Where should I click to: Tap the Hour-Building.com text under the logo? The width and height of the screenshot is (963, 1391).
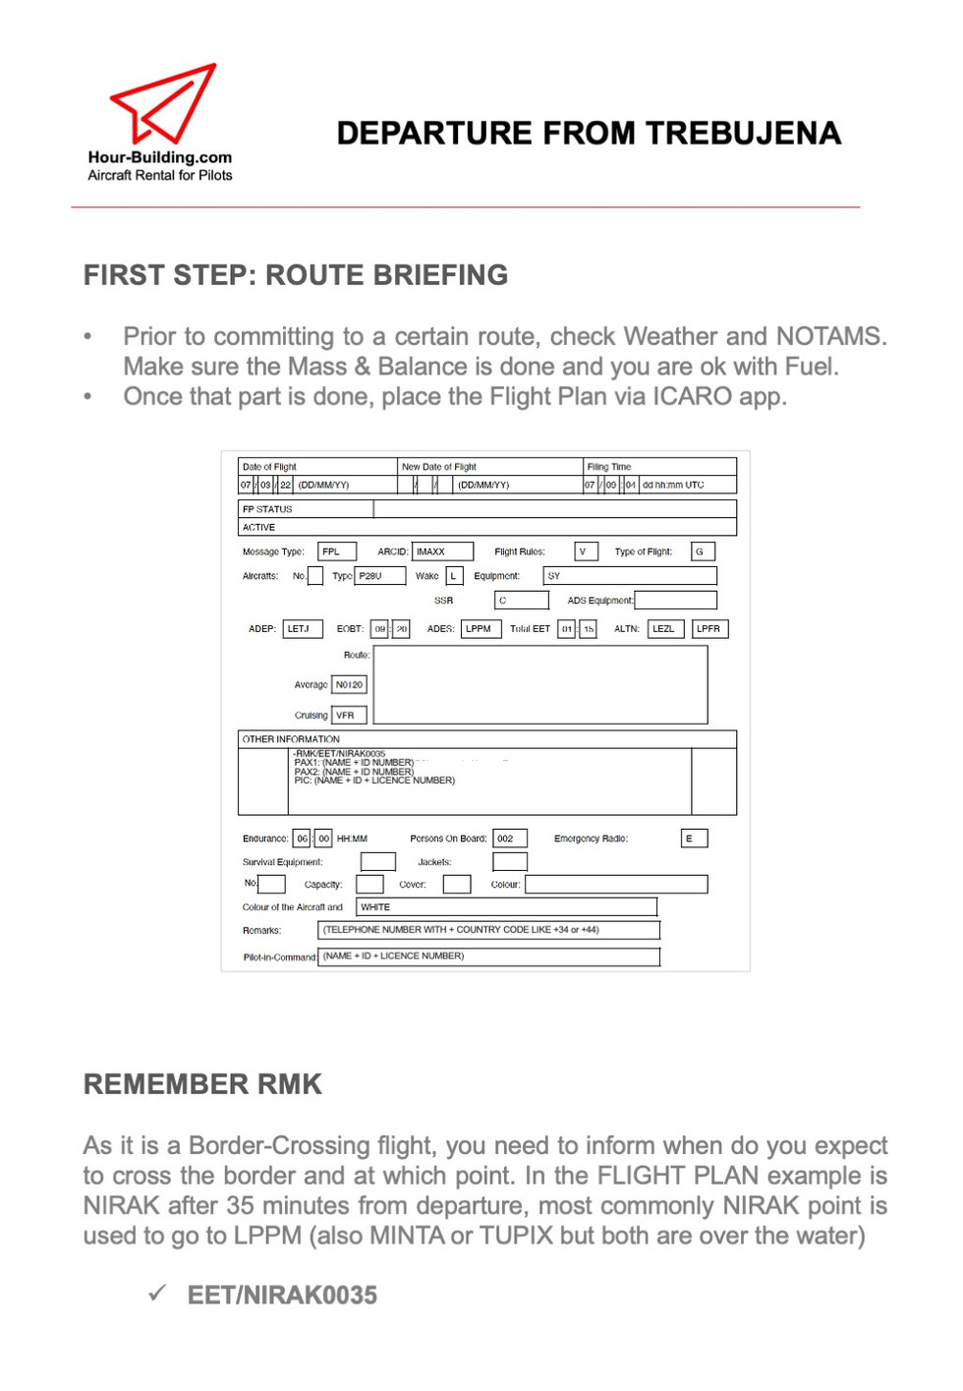tap(160, 157)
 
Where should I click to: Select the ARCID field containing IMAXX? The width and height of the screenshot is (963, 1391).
tap(442, 551)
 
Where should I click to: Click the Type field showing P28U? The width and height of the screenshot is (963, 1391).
tap(380, 576)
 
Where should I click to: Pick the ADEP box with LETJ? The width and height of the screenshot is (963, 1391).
tap(303, 628)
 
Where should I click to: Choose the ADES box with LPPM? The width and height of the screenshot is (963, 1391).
tap(481, 628)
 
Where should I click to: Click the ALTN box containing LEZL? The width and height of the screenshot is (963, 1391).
tap(665, 628)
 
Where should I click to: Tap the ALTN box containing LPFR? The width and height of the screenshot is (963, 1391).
tap(709, 628)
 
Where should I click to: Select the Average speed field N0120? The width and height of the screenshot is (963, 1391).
tap(349, 684)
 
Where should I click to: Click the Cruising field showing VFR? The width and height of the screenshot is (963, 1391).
tap(349, 715)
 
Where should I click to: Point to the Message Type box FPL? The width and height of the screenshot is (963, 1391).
tap(336, 551)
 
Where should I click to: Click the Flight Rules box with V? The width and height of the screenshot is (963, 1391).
tap(586, 551)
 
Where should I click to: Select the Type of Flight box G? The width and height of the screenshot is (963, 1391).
tap(703, 551)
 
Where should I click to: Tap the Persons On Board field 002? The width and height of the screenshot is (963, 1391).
tap(509, 839)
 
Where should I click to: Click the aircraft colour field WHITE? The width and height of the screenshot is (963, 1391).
tap(505, 906)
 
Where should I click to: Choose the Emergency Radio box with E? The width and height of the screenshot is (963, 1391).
tap(694, 839)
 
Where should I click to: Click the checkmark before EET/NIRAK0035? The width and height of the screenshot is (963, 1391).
tap(157, 1293)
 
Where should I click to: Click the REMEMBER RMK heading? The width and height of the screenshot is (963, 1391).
tap(202, 1084)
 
